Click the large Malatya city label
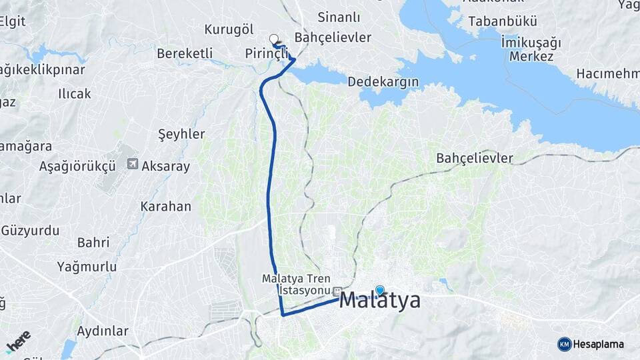380,301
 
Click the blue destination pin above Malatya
380,290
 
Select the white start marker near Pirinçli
273,39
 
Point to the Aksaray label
166,166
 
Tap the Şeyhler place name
181,134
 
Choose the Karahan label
165,207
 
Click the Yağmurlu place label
83,267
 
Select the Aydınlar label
102,331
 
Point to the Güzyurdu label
30,231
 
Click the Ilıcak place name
74,93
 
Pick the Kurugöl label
229,29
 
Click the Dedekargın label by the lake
383,81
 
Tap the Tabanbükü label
493,21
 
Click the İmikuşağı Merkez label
531,49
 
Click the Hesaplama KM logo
591,344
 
